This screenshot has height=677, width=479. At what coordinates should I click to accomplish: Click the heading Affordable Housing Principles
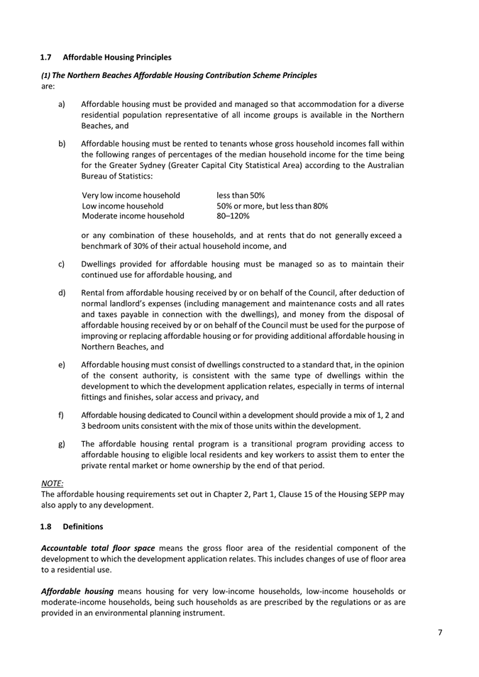pos(116,56)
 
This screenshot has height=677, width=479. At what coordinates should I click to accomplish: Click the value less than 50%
pos(241,195)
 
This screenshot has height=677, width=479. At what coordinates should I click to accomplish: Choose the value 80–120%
pos(233,216)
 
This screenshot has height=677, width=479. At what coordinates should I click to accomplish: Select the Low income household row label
pos(123,206)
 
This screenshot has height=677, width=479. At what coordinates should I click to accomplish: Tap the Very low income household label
pos(131,195)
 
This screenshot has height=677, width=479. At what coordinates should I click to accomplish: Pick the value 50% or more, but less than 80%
pos(272,206)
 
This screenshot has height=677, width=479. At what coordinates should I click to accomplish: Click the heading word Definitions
pos(84,527)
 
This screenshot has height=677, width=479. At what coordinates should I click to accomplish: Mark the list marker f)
pos(62,414)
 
